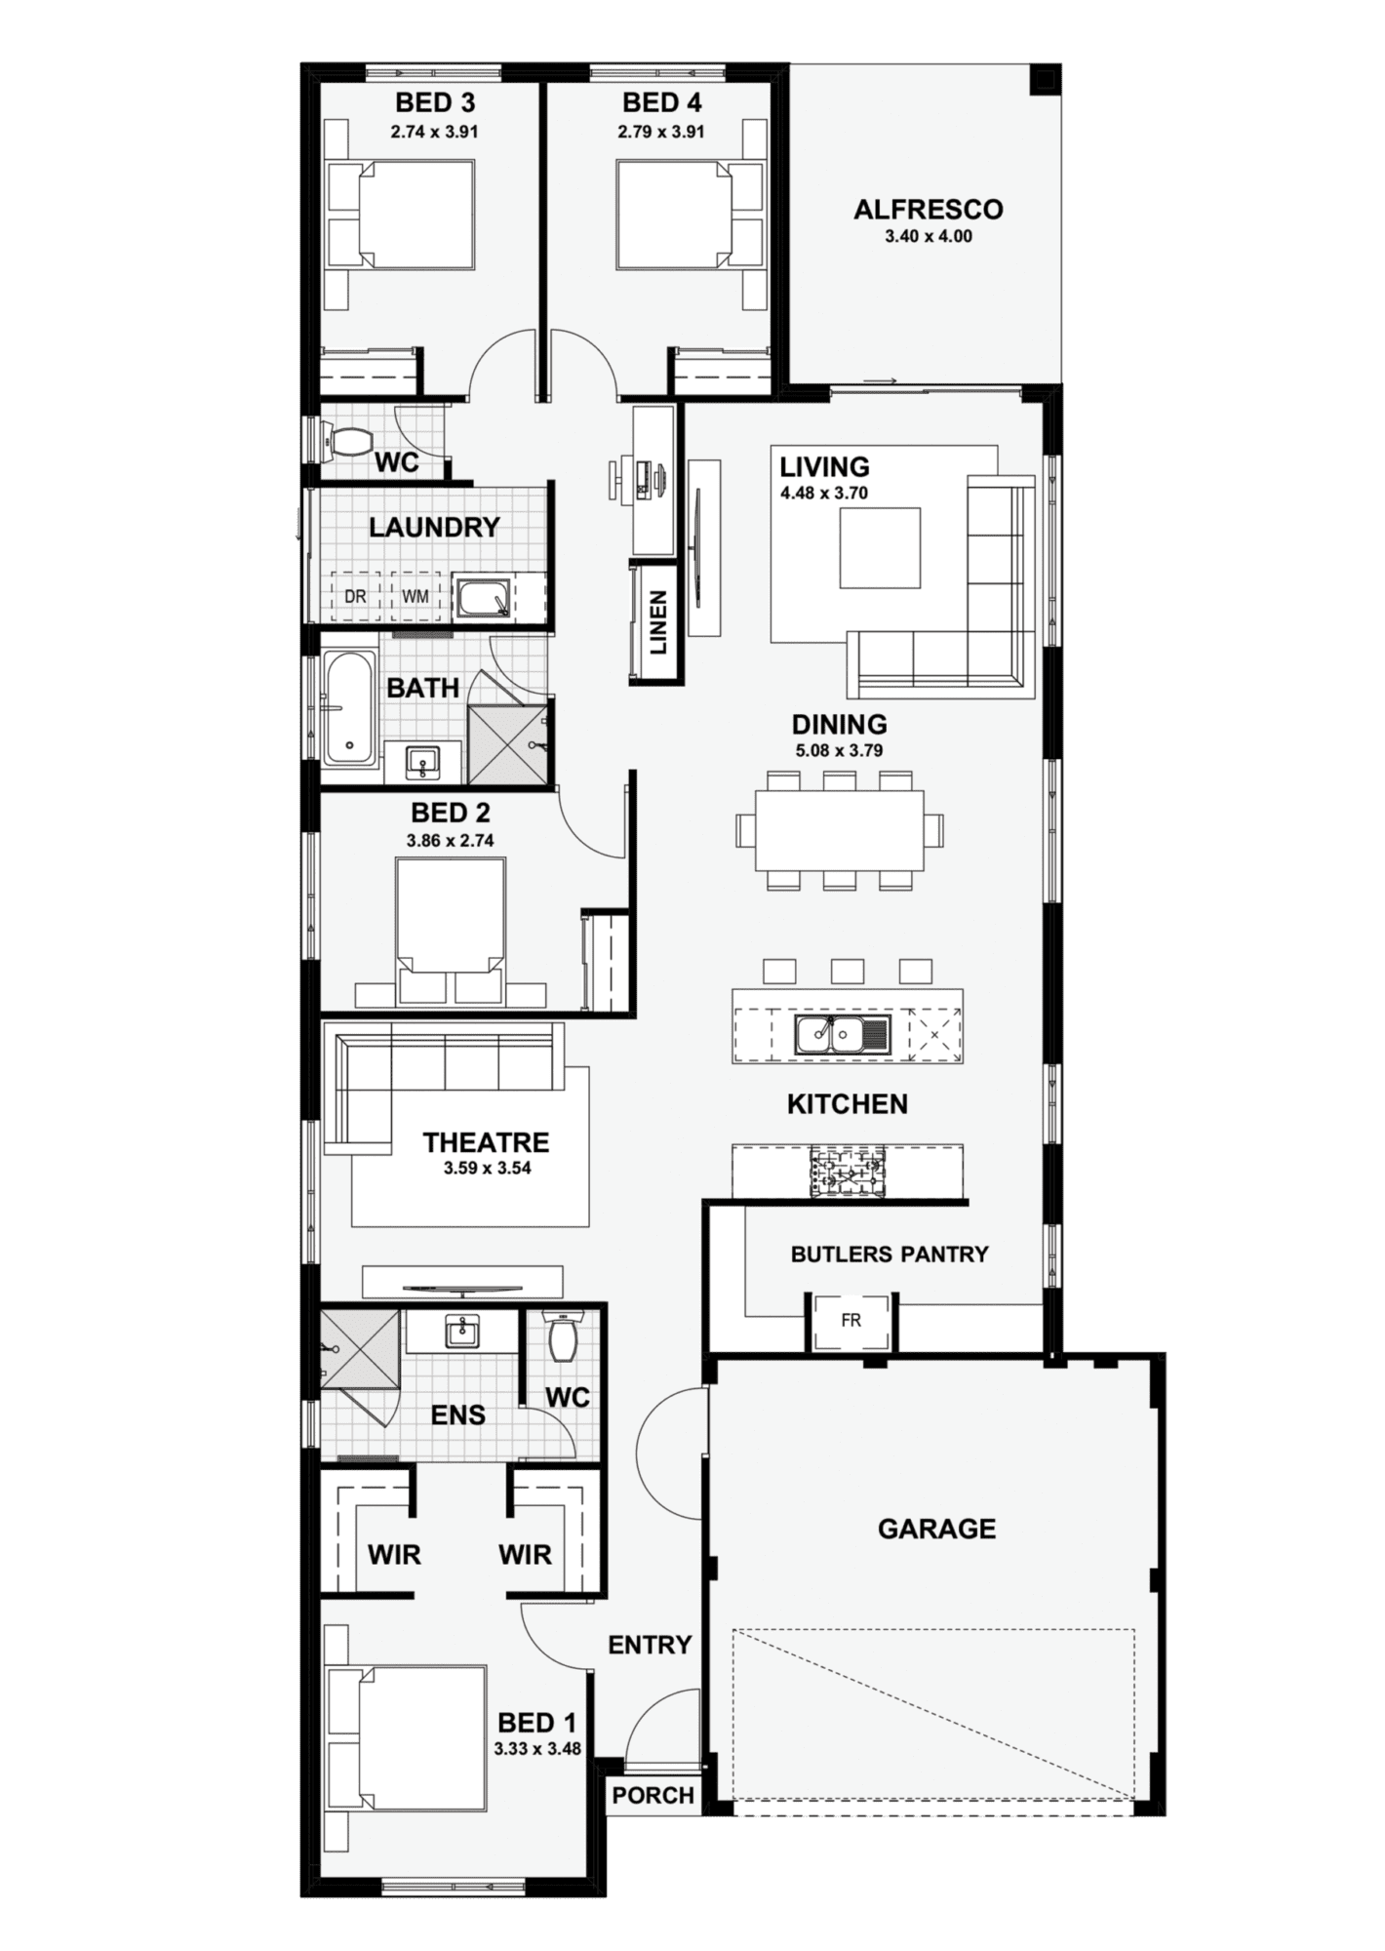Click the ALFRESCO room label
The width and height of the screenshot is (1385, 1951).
[928, 210]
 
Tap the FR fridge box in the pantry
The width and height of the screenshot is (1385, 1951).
[851, 1321]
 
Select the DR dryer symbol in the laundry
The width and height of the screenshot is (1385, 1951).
[355, 595]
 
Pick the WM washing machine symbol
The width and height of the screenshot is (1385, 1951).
[415, 595]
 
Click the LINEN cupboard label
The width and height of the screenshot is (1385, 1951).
[658, 622]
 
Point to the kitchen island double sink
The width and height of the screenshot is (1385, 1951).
[842, 1035]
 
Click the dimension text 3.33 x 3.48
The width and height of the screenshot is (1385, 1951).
[536, 1749]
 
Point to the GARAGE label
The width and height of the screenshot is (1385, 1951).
[936, 1529]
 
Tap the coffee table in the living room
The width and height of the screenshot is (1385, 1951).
[880, 547]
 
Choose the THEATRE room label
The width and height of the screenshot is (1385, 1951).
[486, 1142]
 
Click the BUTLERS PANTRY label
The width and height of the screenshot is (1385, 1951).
[890, 1254]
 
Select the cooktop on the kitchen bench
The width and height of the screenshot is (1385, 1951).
[846, 1171]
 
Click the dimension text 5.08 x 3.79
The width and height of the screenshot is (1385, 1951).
[839, 751]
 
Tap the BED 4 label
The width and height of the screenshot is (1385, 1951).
[661, 102]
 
